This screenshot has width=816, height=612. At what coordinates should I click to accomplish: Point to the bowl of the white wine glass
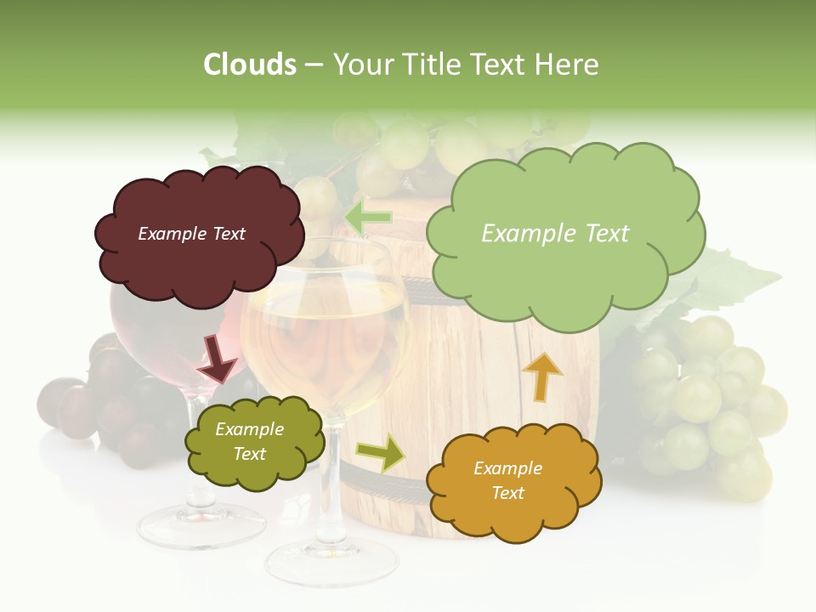pos(323,340)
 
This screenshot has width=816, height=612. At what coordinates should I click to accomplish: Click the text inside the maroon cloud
pos(191,234)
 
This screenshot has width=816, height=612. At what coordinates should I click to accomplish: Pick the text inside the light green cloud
pos(555,234)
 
